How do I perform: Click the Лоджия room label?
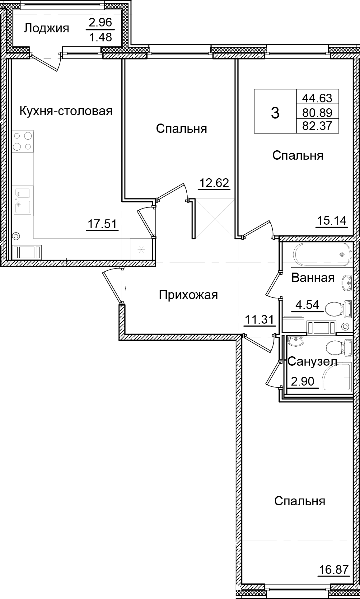click(46, 29)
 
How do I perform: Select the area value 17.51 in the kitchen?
click(102, 224)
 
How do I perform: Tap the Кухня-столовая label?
click(66, 111)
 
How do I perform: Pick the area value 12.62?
click(214, 183)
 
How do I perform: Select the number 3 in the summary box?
click(275, 113)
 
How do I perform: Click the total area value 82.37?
click(317, 126)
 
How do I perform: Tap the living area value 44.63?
click(317, 98)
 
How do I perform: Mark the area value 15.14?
click(331, 221)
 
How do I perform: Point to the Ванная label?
click(313, 278)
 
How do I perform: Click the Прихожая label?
click(188, 295)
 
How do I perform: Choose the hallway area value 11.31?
click(259, 319)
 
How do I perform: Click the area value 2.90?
click(302, 381)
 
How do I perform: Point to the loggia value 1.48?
click(100, 37)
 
